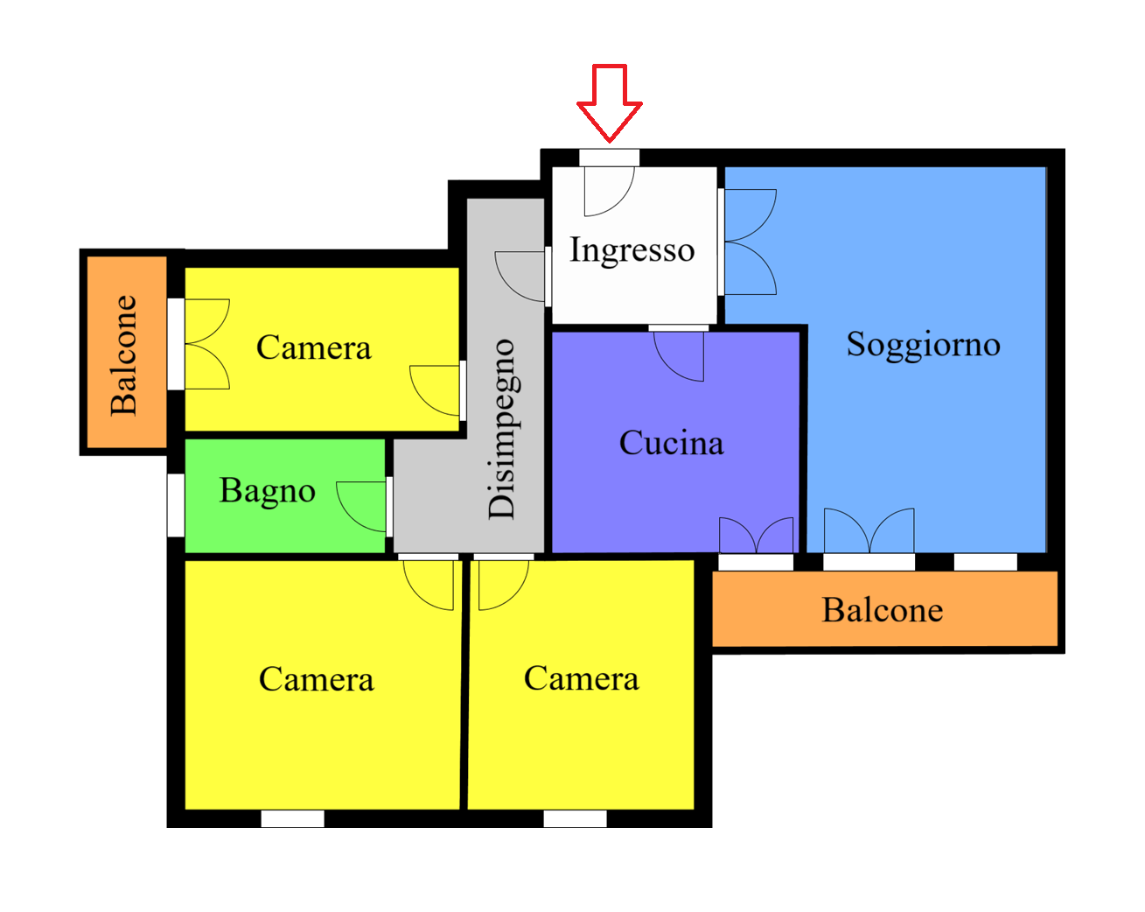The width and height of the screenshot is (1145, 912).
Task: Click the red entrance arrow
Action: click(609, 102)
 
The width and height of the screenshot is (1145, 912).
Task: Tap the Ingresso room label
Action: click(632, 250)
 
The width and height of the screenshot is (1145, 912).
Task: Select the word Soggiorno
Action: click(923, 345)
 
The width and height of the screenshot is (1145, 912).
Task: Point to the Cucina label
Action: click(672, 442)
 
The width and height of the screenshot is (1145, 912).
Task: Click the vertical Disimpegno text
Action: click(501, 429)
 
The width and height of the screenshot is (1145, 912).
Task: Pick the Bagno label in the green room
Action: click(267, 491)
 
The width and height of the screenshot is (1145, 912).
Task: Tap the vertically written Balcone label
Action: click(123, 355)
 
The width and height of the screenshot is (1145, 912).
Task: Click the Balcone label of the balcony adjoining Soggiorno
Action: click(883, 609)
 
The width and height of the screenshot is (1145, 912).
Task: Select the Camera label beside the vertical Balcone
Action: click(313, 347)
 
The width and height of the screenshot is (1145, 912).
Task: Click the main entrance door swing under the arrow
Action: click(609, 192)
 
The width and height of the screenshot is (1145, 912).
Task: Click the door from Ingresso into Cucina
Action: click(679, 356)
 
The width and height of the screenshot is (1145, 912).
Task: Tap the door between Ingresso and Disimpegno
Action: click(520, 277)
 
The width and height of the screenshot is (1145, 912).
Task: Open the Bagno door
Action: click(361, 507)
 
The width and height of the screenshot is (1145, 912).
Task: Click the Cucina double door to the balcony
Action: click(756, 535)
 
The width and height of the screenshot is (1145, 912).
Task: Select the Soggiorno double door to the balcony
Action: click(869, 530)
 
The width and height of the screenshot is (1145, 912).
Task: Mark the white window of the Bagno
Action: click(176, 505)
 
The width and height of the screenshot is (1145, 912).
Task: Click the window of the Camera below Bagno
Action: click(293, 819)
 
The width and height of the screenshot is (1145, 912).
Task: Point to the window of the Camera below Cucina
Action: click(576, 819)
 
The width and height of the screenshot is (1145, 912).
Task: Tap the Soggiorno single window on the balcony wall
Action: click(986, 562)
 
